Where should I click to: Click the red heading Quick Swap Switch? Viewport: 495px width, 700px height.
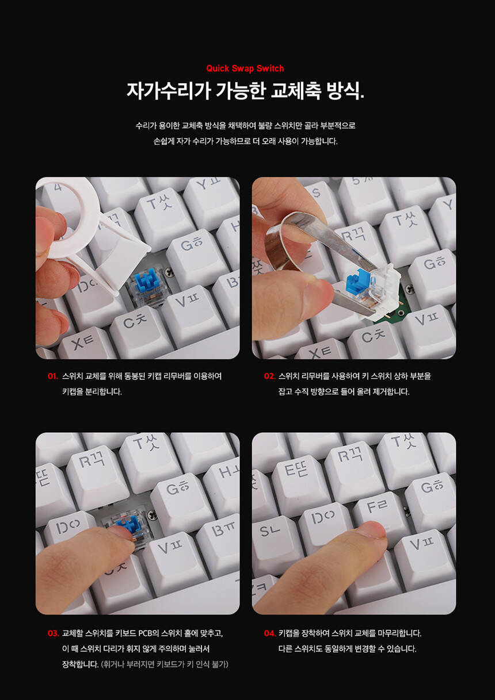point(245,68)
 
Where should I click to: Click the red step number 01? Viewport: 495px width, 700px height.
point(53,376)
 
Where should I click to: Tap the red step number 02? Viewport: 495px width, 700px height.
point(269,376)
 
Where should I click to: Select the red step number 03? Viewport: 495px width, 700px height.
point(53,633)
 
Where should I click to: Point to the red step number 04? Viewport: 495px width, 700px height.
point(270,633)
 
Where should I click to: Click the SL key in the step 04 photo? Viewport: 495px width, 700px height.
point(273,537)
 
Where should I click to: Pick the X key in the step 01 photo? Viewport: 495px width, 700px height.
point(85,344)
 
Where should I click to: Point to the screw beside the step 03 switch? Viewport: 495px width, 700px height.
point(152,513)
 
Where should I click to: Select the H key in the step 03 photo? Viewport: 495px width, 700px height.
point(224,481)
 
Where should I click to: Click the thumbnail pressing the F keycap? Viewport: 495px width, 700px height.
point(372,530)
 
